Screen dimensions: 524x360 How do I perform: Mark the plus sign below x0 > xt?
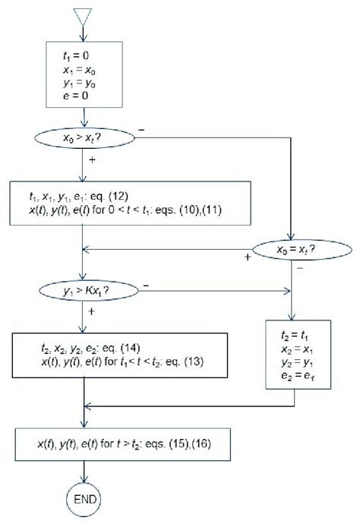pyautogui.click(x=92, y=161)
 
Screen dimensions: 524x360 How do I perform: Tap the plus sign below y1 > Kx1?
pyautogui.click(x=93, y=311)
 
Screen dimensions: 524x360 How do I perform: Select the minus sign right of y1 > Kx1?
pyautogui.click(x=144, y=286)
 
